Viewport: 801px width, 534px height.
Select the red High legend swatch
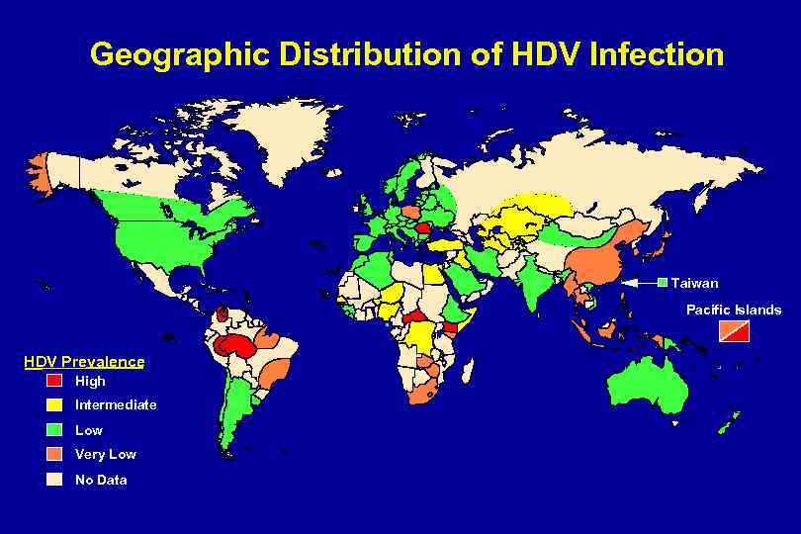point(54,381)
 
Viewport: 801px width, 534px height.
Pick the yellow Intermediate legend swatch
point(54,405)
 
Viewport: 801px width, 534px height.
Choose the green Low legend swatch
point(54,430)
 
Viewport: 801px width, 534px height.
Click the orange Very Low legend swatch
point(54,455)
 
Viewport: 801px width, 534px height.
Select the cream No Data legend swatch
point(54,480)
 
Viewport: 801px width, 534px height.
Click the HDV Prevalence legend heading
point(84,362)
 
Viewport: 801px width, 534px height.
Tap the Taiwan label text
point(695,283)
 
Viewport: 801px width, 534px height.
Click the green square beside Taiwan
point(663,283)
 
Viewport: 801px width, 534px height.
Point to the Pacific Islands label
point(734,310)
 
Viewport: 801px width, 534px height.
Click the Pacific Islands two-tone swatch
point(734,330)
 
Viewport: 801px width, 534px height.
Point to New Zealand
point(730,422)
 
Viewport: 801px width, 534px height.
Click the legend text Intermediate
point(116,405)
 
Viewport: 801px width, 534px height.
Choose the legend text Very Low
point(106,455)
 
